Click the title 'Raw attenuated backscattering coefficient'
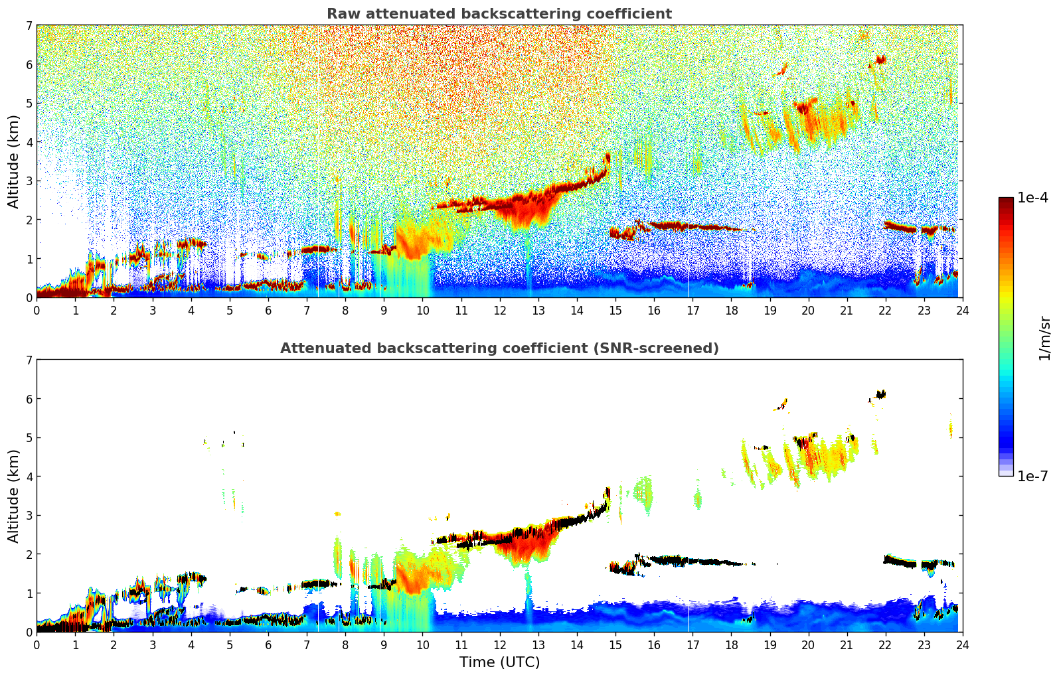[499, 14]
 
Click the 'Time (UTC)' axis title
[499, 662]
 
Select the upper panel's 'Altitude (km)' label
[14, 161]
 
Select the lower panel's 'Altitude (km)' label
[14, 496]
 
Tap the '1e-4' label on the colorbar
[1032, 198]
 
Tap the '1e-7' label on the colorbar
[1032, 476]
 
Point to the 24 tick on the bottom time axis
[962, 644]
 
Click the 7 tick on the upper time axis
[307, 310]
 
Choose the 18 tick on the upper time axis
[731, 310]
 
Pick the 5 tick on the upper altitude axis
[29, 103]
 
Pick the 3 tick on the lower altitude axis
[29, 515]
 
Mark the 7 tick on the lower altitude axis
[29, 360]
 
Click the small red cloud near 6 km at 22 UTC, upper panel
[880, 60]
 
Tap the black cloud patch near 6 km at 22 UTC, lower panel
[880, 394]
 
